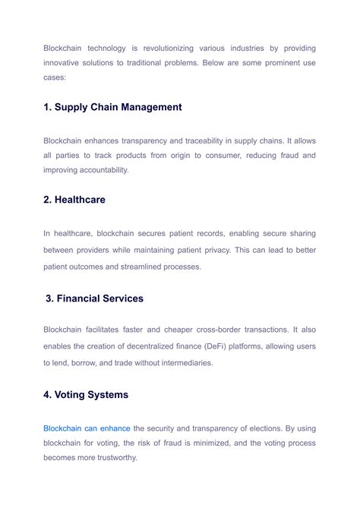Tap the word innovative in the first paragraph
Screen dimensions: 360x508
pos(62,63)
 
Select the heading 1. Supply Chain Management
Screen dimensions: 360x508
pos(112,107)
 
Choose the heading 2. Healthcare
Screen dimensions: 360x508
pos(74,200)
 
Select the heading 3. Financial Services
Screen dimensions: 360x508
pos(94,298)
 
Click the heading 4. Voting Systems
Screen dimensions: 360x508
pos(86,395)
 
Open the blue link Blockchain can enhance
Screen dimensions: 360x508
pos(87,428)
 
